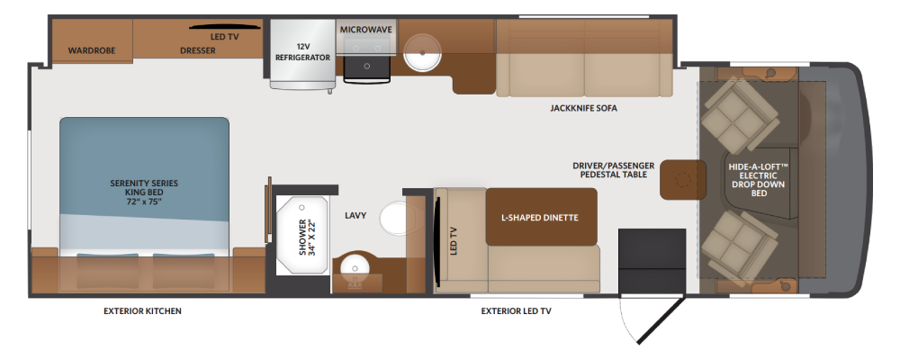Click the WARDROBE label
coord(92,50)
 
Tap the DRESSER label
coord(198,50)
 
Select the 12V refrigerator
coord(302,54)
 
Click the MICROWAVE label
coord(366,30)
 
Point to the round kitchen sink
coord(422,51)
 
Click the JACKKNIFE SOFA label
coord(584,108)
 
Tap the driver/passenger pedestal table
coord(682,180)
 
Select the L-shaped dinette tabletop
coord(541,217)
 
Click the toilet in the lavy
coord(394,218)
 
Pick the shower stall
coord(302,235)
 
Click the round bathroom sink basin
coord(355,268)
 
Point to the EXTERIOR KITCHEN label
coord(142,311)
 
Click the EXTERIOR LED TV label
coord(516,311)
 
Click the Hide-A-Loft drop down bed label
coord(758,180)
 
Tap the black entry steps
coord(652,261)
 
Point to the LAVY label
coord(355,215)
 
